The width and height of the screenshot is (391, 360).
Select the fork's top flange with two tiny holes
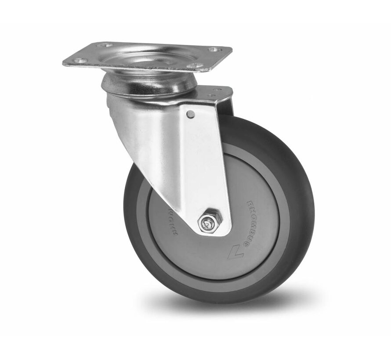click(215, 93)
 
